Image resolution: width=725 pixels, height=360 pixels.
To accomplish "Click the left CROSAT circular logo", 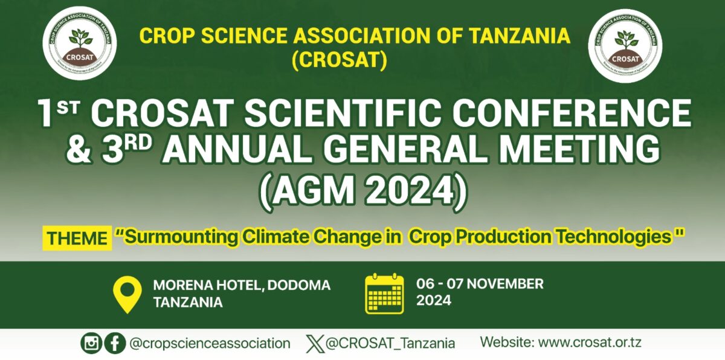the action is pos(80,43).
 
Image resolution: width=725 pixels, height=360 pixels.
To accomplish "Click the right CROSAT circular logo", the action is pos(625,46).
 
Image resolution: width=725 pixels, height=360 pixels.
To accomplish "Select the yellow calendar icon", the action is pos(384,294).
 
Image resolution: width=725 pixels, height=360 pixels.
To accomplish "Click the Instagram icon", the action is pos(91,343).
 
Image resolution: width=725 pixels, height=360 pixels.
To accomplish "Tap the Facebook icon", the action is pos(115,343).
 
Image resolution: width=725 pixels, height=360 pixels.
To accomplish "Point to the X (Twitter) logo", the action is pos(315,344).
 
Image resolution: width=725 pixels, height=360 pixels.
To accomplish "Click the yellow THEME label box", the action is pos(77,239).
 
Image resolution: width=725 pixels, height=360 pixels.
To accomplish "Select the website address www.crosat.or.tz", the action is pos(590,342).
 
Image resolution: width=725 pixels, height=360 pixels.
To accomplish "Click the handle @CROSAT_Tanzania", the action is pos(390,344).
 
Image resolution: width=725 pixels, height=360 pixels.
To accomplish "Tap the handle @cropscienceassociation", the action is pos(210,344).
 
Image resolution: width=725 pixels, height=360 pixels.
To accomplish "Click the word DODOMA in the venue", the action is pos(298,285).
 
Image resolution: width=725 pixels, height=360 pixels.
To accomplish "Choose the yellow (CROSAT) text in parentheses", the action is pos(340,60).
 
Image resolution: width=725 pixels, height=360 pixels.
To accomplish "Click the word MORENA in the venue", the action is pos(182,285).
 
